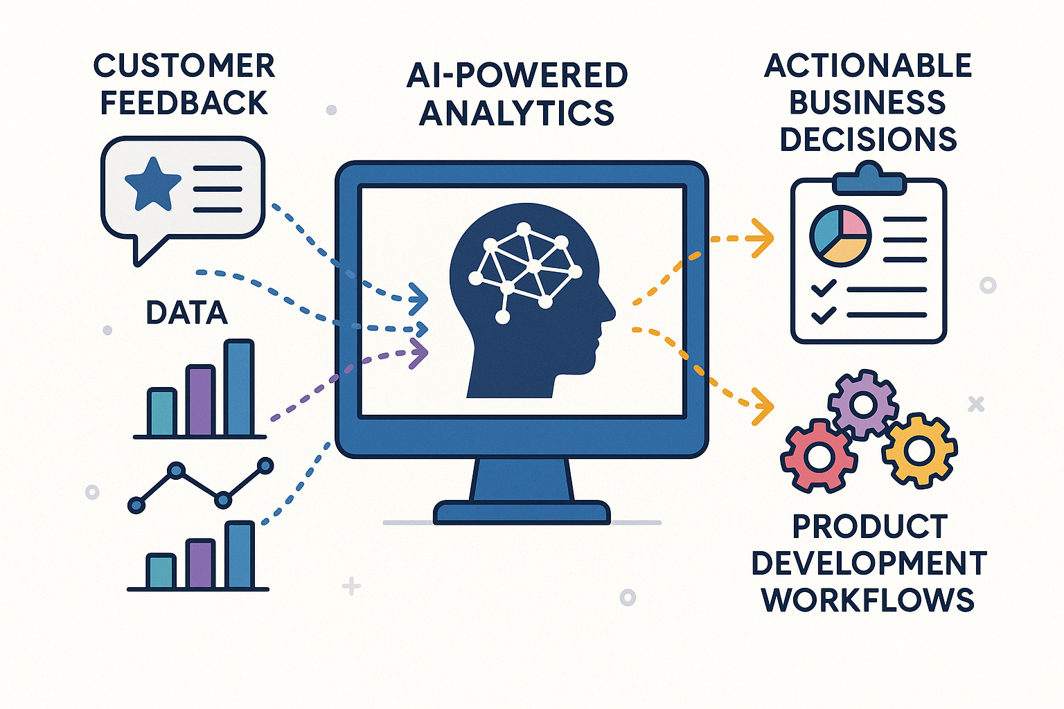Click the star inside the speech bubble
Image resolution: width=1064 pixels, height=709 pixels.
152,184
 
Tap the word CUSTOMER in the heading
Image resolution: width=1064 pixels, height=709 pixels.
184,66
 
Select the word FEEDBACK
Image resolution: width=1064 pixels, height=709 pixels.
184,103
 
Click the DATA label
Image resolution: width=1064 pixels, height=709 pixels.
186,313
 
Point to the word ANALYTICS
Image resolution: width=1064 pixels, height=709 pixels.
517,113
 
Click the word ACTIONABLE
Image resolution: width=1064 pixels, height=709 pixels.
868,66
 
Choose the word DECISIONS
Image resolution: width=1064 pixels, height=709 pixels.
868,140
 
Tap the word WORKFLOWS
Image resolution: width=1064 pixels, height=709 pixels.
868,600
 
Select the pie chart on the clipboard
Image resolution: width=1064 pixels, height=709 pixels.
840,236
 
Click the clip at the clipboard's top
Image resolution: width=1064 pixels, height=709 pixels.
869,179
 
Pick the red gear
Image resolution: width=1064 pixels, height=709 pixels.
818,456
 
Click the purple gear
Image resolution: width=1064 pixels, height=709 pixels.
863,404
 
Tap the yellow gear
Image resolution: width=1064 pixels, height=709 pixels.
919,451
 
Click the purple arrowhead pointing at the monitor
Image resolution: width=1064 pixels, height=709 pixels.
418,352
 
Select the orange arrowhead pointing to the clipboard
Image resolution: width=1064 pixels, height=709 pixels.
763,238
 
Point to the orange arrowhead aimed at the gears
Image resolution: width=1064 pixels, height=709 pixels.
763,406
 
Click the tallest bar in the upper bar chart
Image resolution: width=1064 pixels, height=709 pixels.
239,388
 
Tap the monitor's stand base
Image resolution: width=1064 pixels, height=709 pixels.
522,512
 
